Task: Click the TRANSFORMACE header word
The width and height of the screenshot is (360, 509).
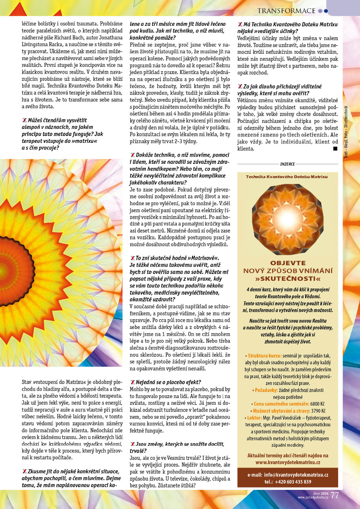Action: click(286, 10)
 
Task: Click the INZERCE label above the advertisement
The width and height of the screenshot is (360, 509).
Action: click(288, 163)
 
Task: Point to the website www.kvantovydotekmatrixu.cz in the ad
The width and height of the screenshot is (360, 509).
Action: click(288, 462)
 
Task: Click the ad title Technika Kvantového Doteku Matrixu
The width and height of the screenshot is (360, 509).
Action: click(287, 176)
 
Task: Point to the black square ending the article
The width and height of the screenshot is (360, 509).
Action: click(335, 149)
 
